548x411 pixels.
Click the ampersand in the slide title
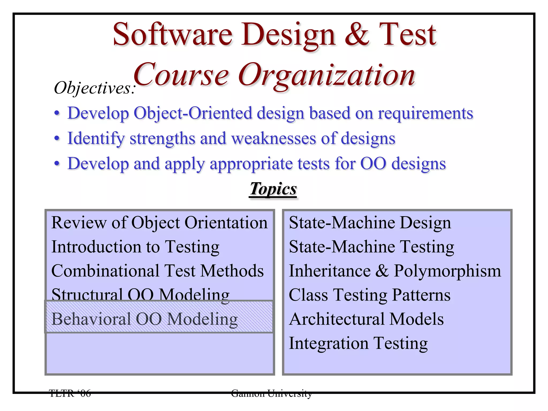point(357,35)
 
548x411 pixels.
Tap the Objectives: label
point(95,88)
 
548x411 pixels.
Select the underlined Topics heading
point(273,189)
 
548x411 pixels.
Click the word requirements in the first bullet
point(425,113)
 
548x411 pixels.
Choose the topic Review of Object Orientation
point(159,223)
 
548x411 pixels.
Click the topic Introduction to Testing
point(135,247)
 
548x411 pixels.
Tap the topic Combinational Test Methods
point(157,271)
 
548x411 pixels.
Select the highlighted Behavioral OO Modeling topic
point(144,319)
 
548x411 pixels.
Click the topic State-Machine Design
point(370,223)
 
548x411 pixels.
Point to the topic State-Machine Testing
point(371,247)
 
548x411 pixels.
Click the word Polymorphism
point(447,271)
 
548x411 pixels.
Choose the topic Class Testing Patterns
point(370,295)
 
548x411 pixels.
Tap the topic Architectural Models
point(366,319)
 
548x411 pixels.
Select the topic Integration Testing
point(358,343)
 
